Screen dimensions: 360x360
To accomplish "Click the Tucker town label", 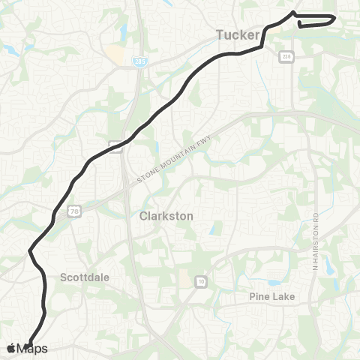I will [237, 34].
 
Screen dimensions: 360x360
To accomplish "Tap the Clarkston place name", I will [166, 215].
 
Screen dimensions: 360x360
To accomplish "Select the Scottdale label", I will [85, 277].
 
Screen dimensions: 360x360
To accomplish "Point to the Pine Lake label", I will [272, 296].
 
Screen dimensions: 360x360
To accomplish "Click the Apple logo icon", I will [10, 348].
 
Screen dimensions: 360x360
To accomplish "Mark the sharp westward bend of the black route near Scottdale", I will [30, 250].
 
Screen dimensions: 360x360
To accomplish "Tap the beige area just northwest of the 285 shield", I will [116, 54].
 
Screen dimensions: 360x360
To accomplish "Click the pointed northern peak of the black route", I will [292, 12].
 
